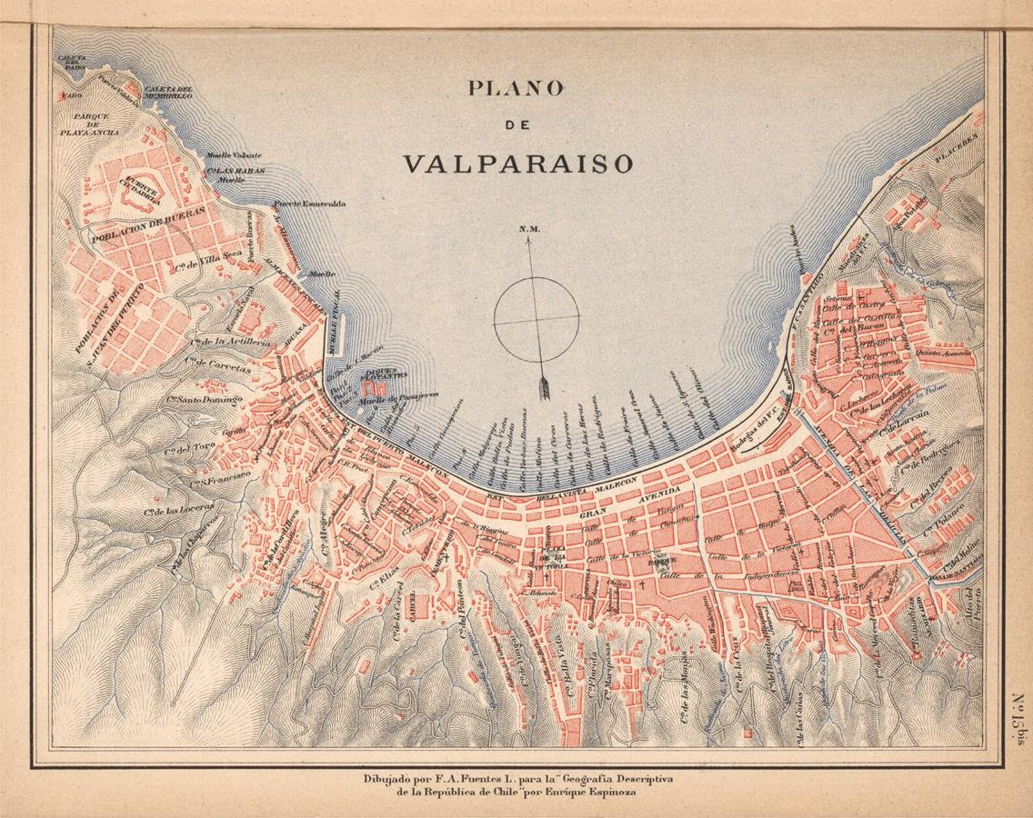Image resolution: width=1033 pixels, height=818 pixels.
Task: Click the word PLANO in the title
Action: point(515,88)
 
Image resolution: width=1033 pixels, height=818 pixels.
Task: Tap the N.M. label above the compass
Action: point(526,229)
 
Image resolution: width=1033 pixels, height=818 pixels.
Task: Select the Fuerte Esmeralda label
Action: point(310,204)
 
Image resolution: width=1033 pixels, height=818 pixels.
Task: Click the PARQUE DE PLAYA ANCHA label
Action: point(96,124)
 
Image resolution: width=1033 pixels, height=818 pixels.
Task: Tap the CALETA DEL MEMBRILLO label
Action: point(168,92)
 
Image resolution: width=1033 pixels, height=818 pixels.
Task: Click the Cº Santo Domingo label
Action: point(204,399)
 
